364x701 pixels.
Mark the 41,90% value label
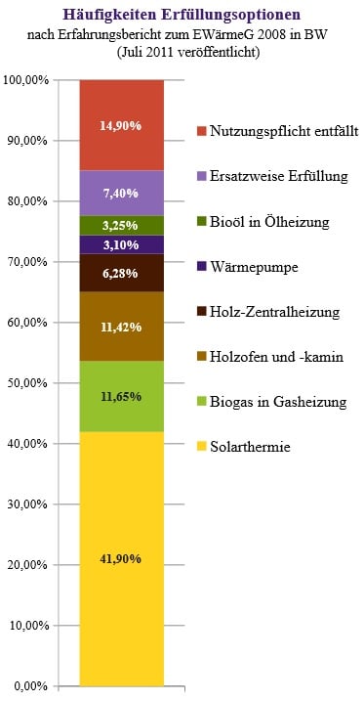(121, 559)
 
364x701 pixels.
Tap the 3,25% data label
(121, 226)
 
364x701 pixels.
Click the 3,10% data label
(121, 244)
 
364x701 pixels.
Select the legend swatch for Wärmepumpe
(201, 266)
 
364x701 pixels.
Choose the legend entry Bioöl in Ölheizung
(269, 221)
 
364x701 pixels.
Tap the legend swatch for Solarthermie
(201, 447)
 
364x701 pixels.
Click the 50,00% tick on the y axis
(29, 383)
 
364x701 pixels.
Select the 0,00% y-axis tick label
(32, 686)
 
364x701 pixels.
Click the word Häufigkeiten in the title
(104, 15)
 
